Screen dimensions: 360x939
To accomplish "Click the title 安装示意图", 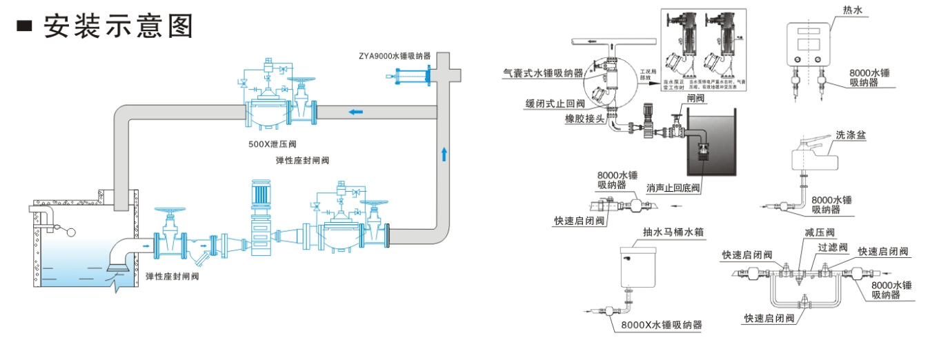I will tap(117, 26).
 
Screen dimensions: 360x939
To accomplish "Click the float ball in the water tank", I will tap(68, 232).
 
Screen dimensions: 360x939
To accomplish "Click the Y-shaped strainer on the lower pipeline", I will tap(200, 253).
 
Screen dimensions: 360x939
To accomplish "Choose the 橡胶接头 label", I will tap(584, 119).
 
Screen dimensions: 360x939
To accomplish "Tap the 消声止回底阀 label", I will tap(673, 188).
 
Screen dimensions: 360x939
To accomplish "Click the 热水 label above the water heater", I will tap(853, 10).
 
